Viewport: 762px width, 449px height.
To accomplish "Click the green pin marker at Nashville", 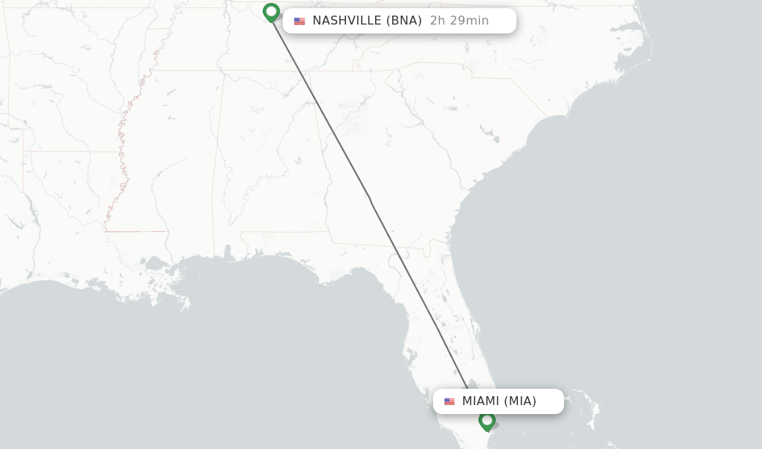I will (x=271, y=12).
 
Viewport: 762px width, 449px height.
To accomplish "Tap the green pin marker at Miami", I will (x=487, y=421).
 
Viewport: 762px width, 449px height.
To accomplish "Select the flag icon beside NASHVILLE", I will (x=299, y=21).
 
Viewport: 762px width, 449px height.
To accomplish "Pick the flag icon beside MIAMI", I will (x=449, y=401).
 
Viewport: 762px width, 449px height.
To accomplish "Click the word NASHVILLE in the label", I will (x=347, y=21).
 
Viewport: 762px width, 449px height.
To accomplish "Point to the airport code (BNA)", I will (x=405, y=21).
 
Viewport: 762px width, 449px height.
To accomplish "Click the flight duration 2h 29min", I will (x=459, y=21).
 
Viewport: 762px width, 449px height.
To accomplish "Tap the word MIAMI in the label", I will (x=480, y=401).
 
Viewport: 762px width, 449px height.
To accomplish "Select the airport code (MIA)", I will (x=520, y=401).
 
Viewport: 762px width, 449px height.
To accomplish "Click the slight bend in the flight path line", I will (x=370, y=198).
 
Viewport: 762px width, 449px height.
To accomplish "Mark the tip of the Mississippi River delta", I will (x=186, y=306).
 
